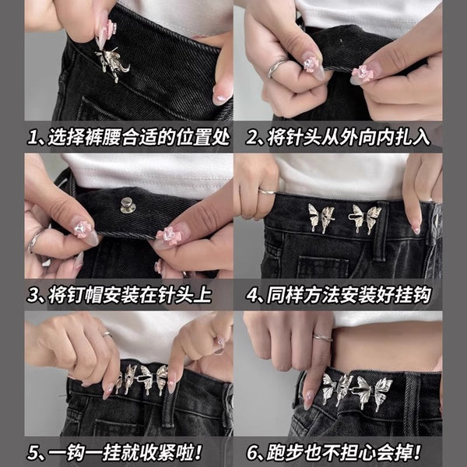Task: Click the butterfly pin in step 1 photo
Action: pos(112,62)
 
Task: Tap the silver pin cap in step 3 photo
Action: pos(128,205)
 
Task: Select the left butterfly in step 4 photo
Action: pos(321,218)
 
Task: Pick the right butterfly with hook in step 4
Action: pos(365,218)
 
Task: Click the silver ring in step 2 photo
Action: pos(277,67)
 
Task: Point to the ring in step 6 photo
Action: pos(322,338)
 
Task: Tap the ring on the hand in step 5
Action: pos(107,335)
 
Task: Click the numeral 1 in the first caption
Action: pos(32,138)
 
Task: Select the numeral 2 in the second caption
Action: pos(252,138)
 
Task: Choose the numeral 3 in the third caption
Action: pos(33,295)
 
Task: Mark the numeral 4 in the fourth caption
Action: pos(252,295)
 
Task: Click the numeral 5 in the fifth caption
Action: pos(33,452)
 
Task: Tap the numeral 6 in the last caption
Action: pos(252,452)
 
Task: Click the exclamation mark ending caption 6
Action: pos(417,452)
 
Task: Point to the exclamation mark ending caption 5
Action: pos(198,452)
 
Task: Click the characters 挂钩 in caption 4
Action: pos(413,295)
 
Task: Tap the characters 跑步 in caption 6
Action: pos(285,452)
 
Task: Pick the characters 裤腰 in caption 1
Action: pos(103,138)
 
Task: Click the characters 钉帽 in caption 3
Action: pos(84,295)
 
